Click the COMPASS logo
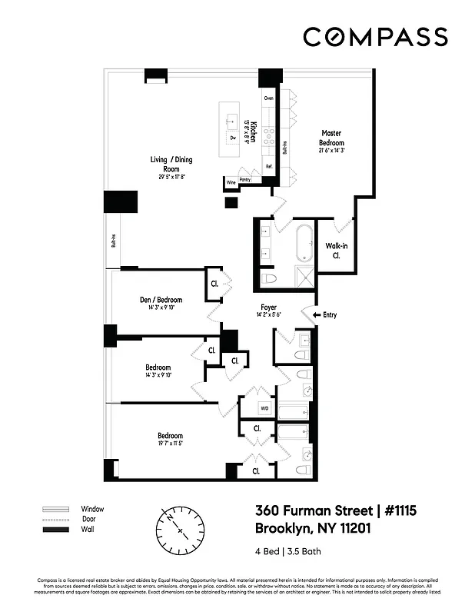(375, 37)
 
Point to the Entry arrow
(309, 314)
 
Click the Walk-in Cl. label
(335, 251)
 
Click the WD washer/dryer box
(264, 408)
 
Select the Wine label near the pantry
(231, 183)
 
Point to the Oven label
(269, 98)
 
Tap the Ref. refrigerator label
(269, 166)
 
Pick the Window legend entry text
(92, 509)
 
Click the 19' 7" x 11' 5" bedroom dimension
(170, 444)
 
